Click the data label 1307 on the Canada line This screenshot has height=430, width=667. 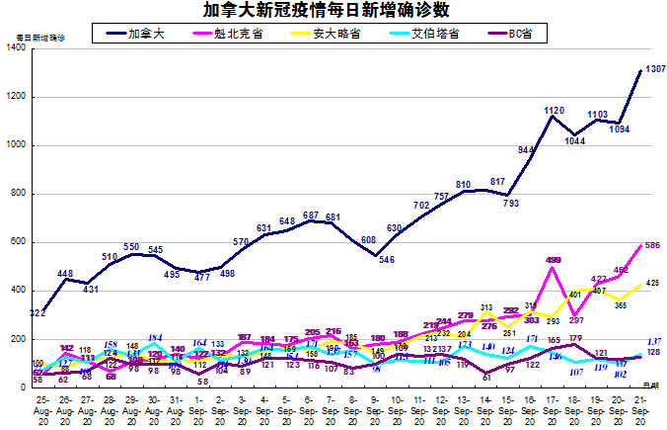click(x=655, y=68)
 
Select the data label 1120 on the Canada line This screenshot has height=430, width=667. click(x=554, y=110)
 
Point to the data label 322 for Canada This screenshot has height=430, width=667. click(x=38, y=313)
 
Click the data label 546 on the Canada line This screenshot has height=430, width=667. click(x=387, y=260)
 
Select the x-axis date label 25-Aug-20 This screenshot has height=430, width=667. click(x=41, y=412)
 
